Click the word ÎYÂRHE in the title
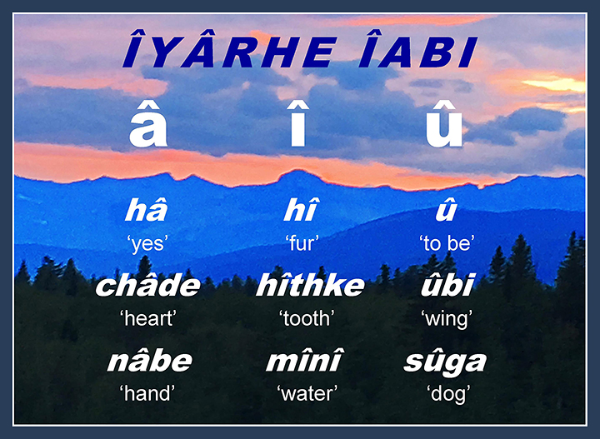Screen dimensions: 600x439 [x=230, y=50]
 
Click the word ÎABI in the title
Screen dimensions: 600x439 [x=418, y=50]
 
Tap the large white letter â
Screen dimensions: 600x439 [x=148, y=123]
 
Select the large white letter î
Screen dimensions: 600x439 [x=297, y=123]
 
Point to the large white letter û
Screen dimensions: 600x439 [x=444, y=123]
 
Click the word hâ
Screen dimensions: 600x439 [x=147, y=210]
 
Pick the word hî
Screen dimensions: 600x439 [x=300, y=210]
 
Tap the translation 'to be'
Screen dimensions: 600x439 [x=447, y=243]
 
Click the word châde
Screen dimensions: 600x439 [x=147, y=285]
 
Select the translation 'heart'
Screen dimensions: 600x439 [x=148, y=318]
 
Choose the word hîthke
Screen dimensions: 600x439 [x=310, y=285]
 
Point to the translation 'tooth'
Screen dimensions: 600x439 [x=307, y=318]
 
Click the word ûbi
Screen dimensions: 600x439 [x=447, y=285]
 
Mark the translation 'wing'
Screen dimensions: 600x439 [x=447, y=319]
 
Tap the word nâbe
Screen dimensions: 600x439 [x=150, y=360]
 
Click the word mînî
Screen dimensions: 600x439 [x=305, y=360]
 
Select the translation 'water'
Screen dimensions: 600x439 [x=307, y=394]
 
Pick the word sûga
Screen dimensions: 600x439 [x=445, y=362]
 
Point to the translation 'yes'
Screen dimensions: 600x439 [x=147, y=244]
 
